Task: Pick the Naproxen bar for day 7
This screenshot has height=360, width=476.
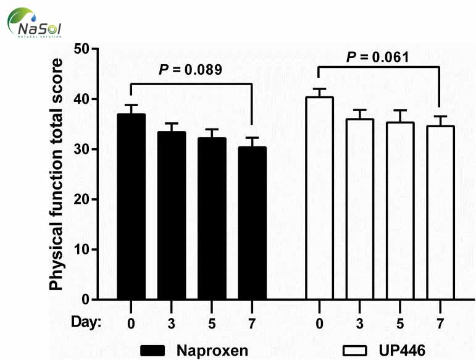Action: click(x=252, y=223)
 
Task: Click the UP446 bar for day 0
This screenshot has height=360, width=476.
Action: click(x=319, y=198)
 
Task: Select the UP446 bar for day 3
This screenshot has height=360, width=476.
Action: click(x=359, y=209)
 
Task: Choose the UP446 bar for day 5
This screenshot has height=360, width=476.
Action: click(x=399, y=211)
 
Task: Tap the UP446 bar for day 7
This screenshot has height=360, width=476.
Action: click(x=440, y=213)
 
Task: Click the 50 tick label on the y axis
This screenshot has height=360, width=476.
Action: click(x=81, y=49)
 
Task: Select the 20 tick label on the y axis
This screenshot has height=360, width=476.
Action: click(x=81, y=199)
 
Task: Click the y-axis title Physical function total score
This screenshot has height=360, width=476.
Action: click(x=56, y=174)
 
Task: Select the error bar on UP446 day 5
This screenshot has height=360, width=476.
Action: click(x=399, y=116)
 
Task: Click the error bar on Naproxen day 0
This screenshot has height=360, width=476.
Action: click(x=131, y=109)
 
